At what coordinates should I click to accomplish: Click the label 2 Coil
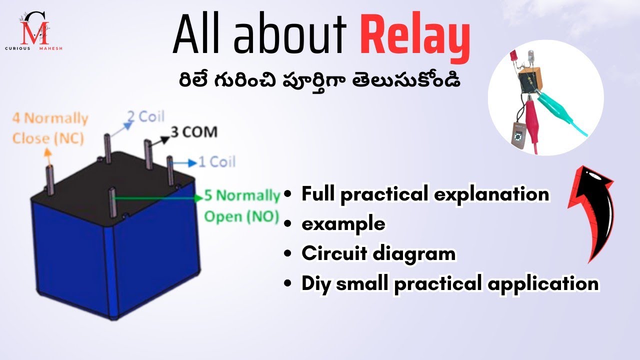[145, 116]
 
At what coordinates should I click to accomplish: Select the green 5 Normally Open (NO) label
[242, 205]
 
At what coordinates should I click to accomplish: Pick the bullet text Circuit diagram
[378, 253]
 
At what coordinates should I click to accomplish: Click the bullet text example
[343, 223]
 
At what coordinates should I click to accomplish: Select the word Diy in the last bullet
[317, 283]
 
